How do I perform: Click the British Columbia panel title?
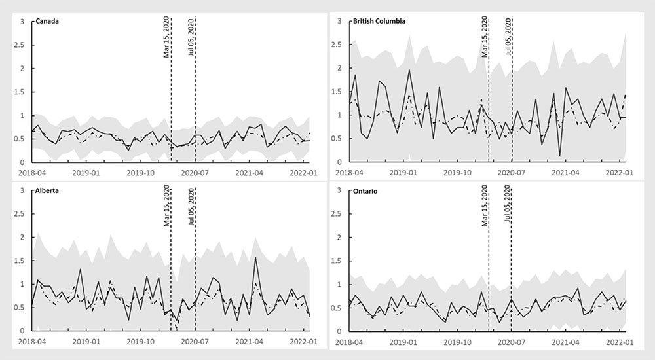(x=379, y=20)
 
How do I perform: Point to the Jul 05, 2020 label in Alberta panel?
(x=191, y=206)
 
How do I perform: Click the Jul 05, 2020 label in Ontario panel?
(x=508, y=206)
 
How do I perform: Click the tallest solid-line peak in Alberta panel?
(x=255, y=257)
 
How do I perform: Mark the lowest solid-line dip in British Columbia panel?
(x=560, y=156)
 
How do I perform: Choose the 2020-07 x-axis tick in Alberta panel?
(x=194, y=342)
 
